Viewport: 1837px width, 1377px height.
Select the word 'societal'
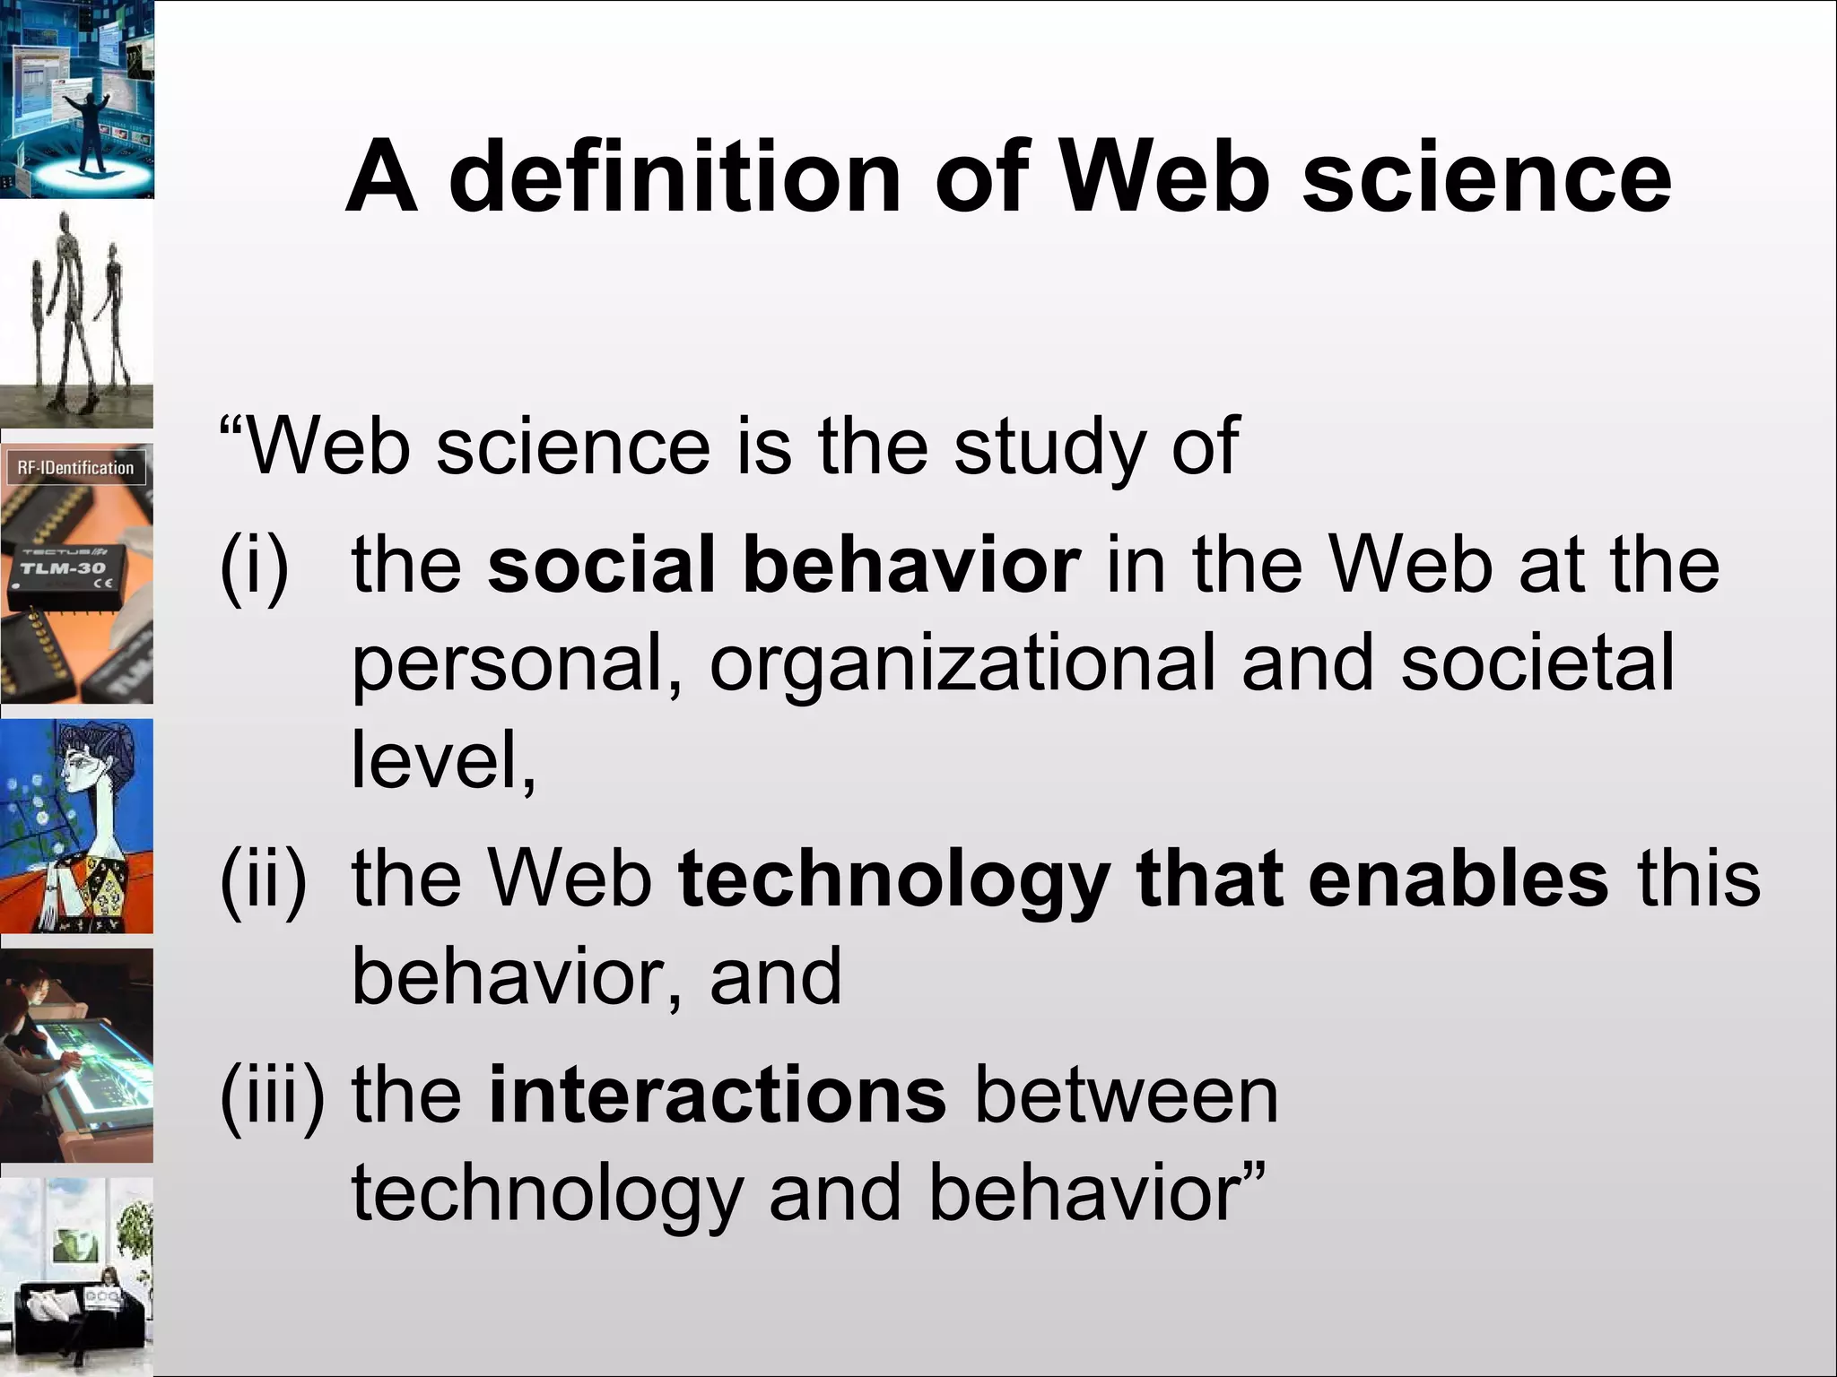click(1537, 663)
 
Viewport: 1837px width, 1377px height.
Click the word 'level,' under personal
click(443, 760)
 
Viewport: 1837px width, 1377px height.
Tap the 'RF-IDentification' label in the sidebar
click(75, 468)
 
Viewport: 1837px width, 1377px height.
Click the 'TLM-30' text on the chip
click(63, 568)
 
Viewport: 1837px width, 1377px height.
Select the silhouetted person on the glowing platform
click(90, 126)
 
